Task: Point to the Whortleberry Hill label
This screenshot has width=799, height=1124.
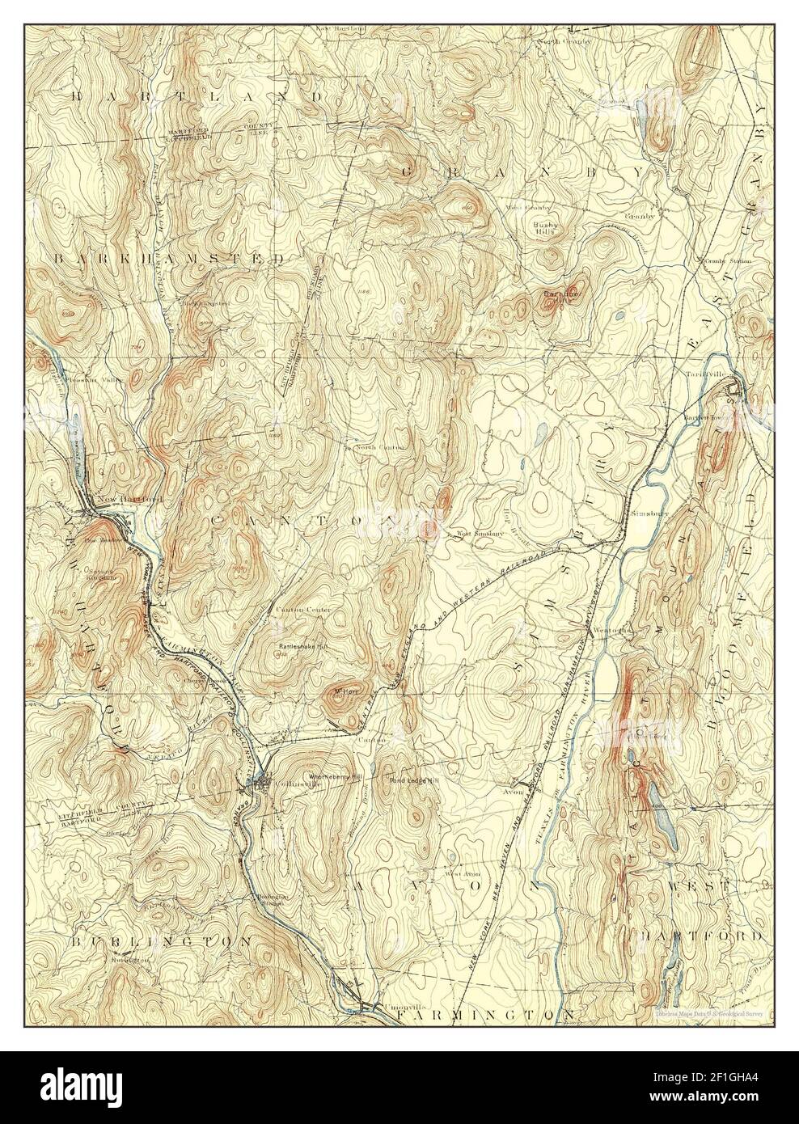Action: coord(332,779)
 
